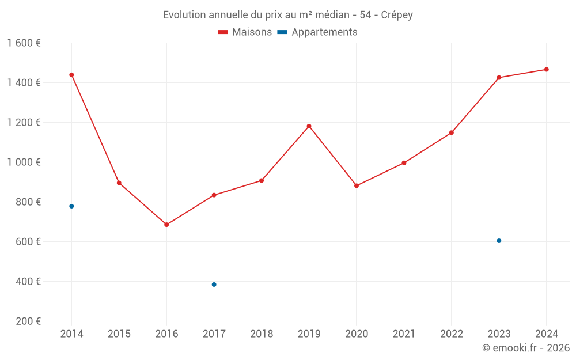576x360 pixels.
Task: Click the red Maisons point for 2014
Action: tap(71, 75)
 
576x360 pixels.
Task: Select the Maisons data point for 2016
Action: tap(166, 225)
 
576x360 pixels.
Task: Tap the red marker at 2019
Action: tap(309, 126)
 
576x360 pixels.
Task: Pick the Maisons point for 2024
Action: tap(547, 70)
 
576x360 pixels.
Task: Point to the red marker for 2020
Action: tap(357, 185)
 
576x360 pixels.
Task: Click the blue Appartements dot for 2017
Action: tap(214, 285)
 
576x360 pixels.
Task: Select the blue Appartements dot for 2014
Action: tap(71, 206)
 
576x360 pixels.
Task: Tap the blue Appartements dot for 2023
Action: tap(499, 241)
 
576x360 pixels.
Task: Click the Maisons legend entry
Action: tap(245, 32)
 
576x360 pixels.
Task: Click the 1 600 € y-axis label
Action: tap(24, 43)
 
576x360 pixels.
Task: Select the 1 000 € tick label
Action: tap(24, 162)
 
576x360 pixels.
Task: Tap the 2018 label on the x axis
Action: tap(262, 334)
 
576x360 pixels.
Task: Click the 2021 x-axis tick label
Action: tap(404, 334)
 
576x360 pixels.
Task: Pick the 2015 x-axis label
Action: tap(119, 334)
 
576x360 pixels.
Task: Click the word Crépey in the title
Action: tap(397, 15)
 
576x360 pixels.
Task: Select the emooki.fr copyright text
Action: tap(526, 348)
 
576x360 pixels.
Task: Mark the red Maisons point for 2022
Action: tap(452, 132)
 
